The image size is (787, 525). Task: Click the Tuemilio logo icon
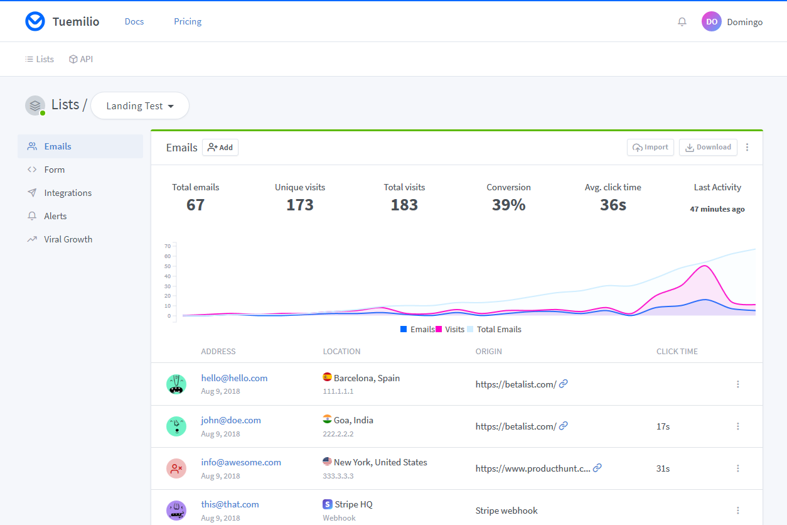click(x=35, y=21)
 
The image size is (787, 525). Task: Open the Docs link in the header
click(x=134, y=21)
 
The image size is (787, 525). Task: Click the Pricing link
click(x=188, y=21)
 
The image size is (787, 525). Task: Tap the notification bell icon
click(x=682, y=22)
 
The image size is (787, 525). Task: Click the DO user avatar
click(x=711, y=21)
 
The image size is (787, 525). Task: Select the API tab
click(x=81, y=59)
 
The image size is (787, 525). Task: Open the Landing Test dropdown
click(x=140, y=106)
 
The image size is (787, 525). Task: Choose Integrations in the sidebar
click(x=68, y=193)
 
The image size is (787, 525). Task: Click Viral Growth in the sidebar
click(x=68, y=239)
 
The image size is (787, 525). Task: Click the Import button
click(x=650, y=147)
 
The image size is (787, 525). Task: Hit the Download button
click(x=708, y=147)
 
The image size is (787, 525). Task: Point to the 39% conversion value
click(x=508, y=205)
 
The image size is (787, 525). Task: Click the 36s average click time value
click(x=613, y=205)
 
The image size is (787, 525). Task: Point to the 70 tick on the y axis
click(x=168, y=246)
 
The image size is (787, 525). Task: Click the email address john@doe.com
click(x=231, y=420)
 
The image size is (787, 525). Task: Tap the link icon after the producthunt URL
click(x=597, y=468)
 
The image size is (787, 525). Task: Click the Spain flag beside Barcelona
click(x=327, y=377)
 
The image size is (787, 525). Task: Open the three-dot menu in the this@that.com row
click(x=738, y=511)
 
